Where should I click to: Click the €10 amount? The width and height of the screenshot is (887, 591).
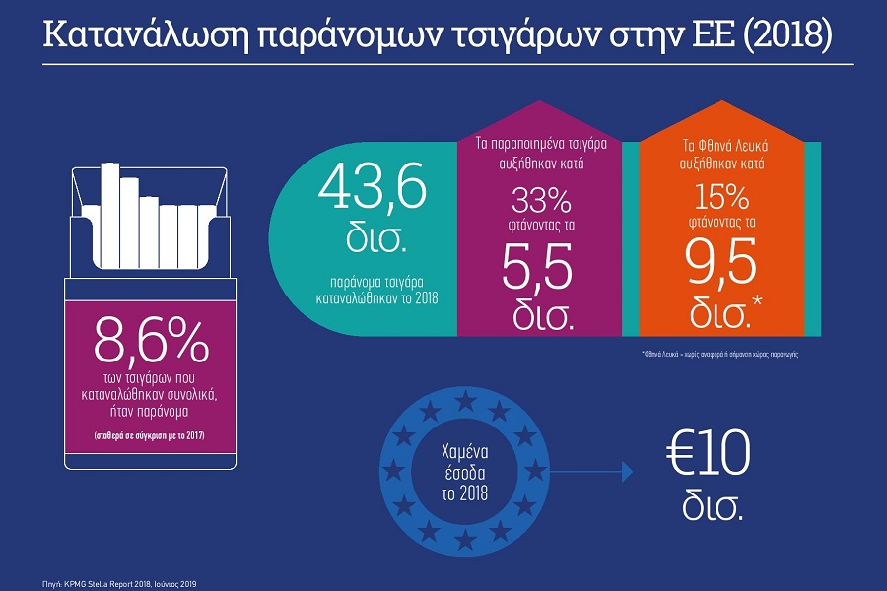click(709, 456)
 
